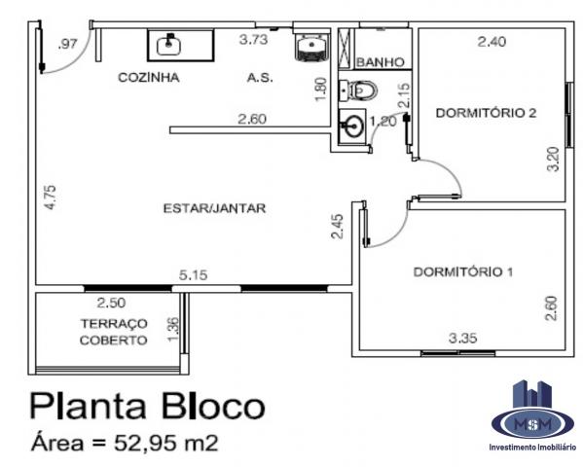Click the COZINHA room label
click(x=149, y=77)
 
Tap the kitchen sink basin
click(x=168, y=46)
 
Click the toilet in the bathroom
click(x=358, y=90)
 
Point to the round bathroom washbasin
click(x=351, y=126)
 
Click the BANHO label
click(x=381, y=62)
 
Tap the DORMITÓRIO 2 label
click(x=486, y=113)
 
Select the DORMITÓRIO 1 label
click(x=463, y=271)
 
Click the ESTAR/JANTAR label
click(x=214, y=208)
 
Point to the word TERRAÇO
click(x=114, y=323)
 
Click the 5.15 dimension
click(x=193, y=275)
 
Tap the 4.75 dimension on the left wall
click(x=51, y=198)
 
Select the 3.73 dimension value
click(x=253, y=39)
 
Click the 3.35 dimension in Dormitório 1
click(x=462, y=338)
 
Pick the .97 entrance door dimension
click(x=67, y=44)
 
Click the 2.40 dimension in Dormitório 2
click(x=492, y=41)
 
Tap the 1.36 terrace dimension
click(x=173, y=330)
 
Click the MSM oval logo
click(x=532, y=423)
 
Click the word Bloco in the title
click(x=213, y=406)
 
